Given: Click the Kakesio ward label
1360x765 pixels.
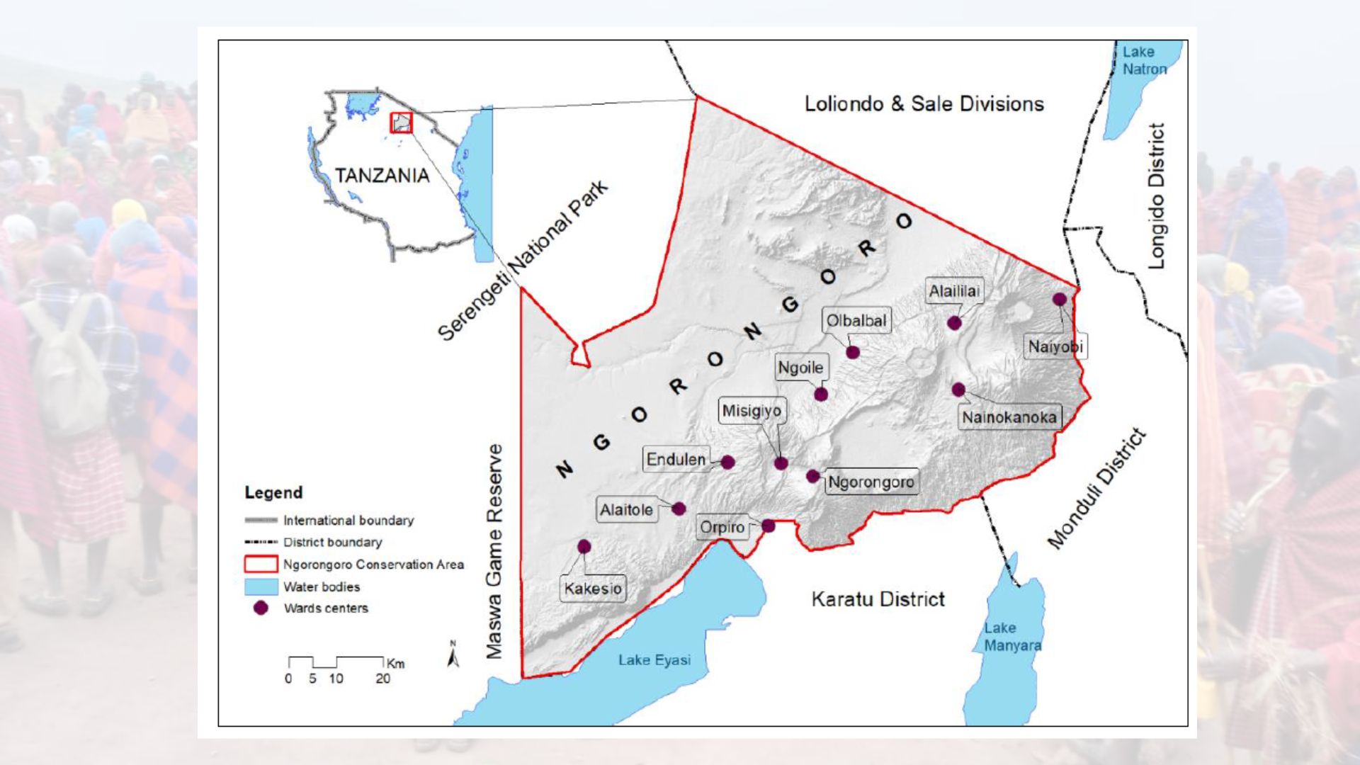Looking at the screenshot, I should click(x=593, y=589).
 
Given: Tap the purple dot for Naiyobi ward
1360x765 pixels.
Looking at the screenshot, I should click(x=1059, y=299).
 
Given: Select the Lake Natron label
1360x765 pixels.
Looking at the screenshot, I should click(x=1144, y=60).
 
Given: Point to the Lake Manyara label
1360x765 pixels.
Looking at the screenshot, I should click(x=1012, y=637).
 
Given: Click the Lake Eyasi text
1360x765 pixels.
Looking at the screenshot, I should click(x=654, y=660).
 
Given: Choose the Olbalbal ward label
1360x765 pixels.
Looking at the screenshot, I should click(x=856, y=321).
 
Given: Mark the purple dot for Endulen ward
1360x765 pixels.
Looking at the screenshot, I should click(x=727, y=462).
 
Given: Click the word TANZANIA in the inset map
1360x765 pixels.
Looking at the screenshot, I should click(x=382, y=176).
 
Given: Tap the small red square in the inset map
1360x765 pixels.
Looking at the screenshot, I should click(x=401, y=123).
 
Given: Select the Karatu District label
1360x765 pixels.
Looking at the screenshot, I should click(x=878, y=599).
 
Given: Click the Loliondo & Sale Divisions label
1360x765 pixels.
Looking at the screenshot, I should click(x=924, y=104).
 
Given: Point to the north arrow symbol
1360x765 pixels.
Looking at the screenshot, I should click(x=453, y=654).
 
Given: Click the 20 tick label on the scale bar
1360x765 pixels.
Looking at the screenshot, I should click(x=382, y=679).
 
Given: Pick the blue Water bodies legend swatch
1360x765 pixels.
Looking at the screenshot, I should click(x=261, y=586).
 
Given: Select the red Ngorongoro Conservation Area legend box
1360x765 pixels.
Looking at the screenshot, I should click(x=261, y=565).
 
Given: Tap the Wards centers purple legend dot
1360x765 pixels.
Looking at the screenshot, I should click(x=261, y=608).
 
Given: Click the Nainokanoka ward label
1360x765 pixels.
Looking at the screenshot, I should click(x=1009, y=417).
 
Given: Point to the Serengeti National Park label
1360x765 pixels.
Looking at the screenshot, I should click(x=523, y=261).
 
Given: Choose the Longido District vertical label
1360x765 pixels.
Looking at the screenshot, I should click(x=1156, y=196).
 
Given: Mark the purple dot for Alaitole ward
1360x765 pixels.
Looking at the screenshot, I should click(x=679, y=509).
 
